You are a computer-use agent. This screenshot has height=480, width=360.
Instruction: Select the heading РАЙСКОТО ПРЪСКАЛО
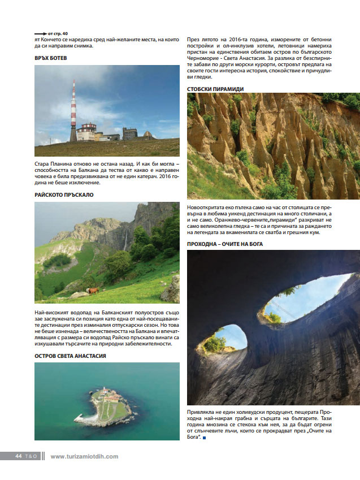pyautogui.click(x=64, y=194)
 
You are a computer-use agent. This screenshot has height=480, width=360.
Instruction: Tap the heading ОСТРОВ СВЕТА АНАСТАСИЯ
pyautogui.click(x=71, y=356)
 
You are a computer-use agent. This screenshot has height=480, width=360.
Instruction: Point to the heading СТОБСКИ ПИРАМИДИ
pyautogui.click(x=215, y=89)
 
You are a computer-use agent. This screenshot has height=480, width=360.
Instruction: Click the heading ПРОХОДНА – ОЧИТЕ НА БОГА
pyautogui.click(x=225, y=244)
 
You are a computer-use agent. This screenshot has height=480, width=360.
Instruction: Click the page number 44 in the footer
pyautogui.click(x=18, y=456)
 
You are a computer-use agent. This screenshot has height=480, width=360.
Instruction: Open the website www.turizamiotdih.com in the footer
pyautogui.click(x=84, y=456)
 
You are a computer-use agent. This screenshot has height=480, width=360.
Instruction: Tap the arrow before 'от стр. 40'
pyautogui.click(x=41, y=33)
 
